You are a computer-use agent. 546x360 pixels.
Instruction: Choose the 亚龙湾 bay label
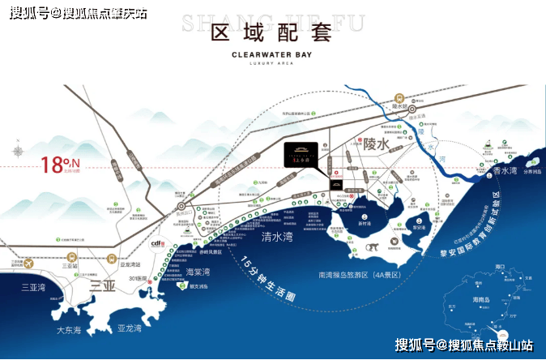tap(129, 328)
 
